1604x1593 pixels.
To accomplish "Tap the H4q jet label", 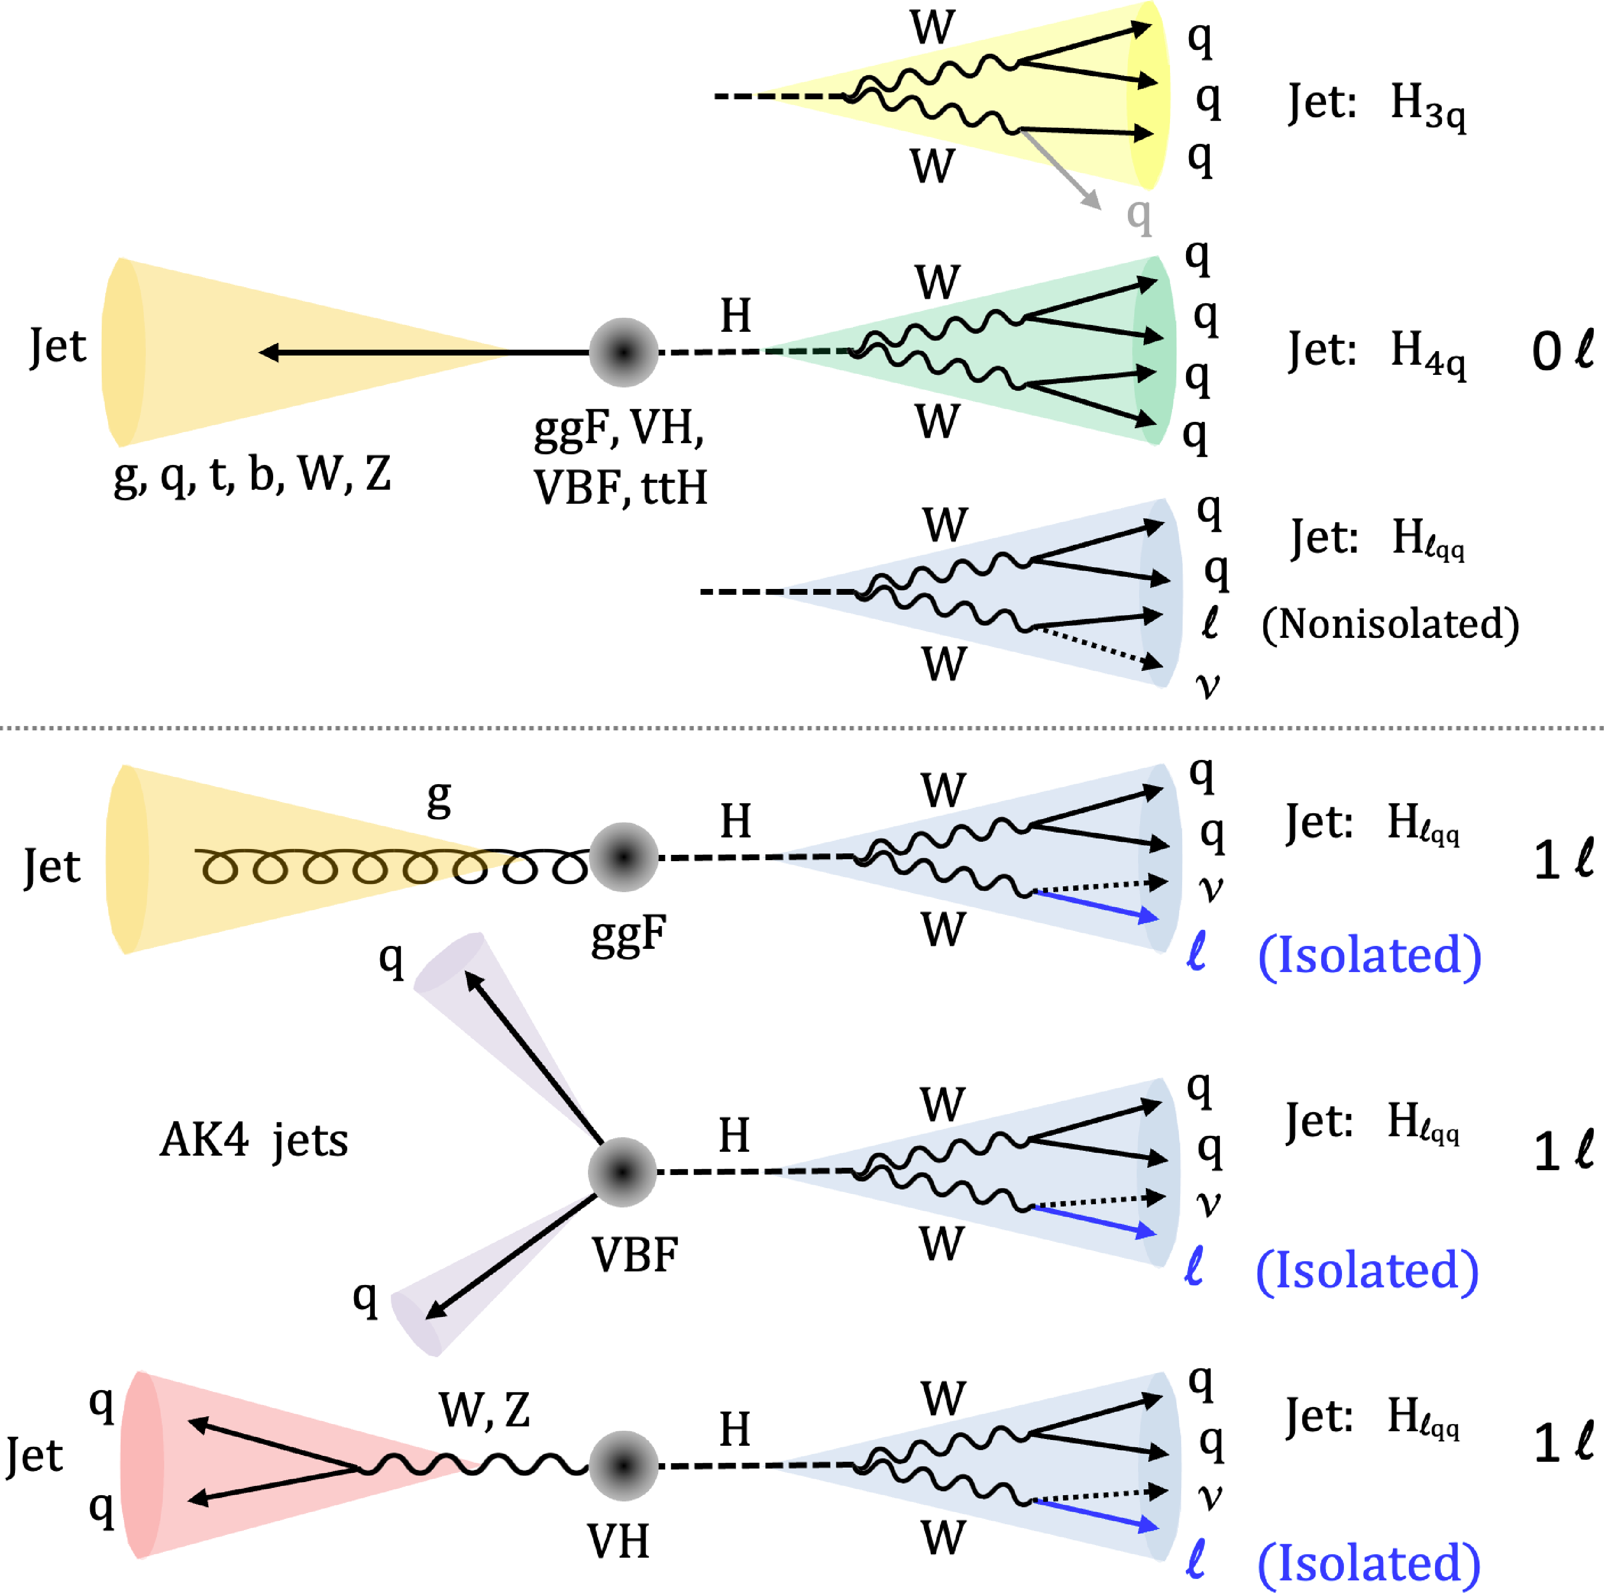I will coord(1376,352).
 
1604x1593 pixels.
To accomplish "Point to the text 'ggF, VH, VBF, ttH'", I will coord(620,457).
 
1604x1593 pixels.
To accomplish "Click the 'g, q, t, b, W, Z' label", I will coord(251,475).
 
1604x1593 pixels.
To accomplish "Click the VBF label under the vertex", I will coord(635,1254).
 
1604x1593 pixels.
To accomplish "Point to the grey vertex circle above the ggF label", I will coord(623,857).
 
